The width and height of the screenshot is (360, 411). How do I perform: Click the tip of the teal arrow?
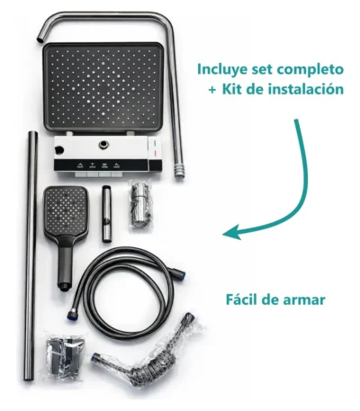pos(223,234)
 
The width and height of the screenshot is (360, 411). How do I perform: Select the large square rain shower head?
pos(103,87)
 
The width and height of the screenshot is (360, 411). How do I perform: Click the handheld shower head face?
pos(66,211)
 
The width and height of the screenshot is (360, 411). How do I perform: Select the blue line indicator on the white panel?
pos(154,141)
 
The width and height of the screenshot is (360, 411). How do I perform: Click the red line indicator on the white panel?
pos(154,154)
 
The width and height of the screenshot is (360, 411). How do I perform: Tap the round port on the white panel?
pos(104,145)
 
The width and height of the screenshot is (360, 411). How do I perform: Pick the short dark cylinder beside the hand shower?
pos(107,213)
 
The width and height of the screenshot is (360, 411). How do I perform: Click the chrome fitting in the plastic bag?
pos(139,204)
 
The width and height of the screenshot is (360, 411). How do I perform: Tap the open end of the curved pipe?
pos(40,40)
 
